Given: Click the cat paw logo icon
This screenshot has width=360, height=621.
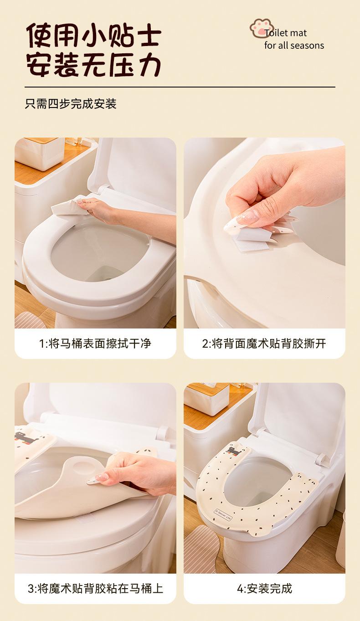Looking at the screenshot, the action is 261,28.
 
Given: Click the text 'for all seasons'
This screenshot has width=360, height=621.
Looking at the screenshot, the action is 294,46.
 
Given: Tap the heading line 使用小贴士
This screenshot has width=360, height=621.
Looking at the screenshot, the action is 94,36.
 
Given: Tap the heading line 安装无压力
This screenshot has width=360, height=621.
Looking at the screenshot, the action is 94,65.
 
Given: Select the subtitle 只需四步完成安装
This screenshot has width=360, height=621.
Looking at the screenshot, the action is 71,104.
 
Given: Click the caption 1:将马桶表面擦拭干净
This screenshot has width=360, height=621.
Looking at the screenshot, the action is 95,343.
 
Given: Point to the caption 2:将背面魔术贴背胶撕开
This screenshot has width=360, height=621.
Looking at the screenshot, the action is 264,343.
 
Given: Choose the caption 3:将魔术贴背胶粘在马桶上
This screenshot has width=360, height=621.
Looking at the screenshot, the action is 95,588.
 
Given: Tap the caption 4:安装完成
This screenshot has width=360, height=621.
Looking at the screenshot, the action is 264,588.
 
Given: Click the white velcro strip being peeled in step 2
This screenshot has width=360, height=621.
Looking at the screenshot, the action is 251,241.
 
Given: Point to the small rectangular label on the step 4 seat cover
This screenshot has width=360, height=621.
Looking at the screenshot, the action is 223,515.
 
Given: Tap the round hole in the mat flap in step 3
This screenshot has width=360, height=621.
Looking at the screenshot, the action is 81,463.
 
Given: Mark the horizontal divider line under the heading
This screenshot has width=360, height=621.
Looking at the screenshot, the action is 180,87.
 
